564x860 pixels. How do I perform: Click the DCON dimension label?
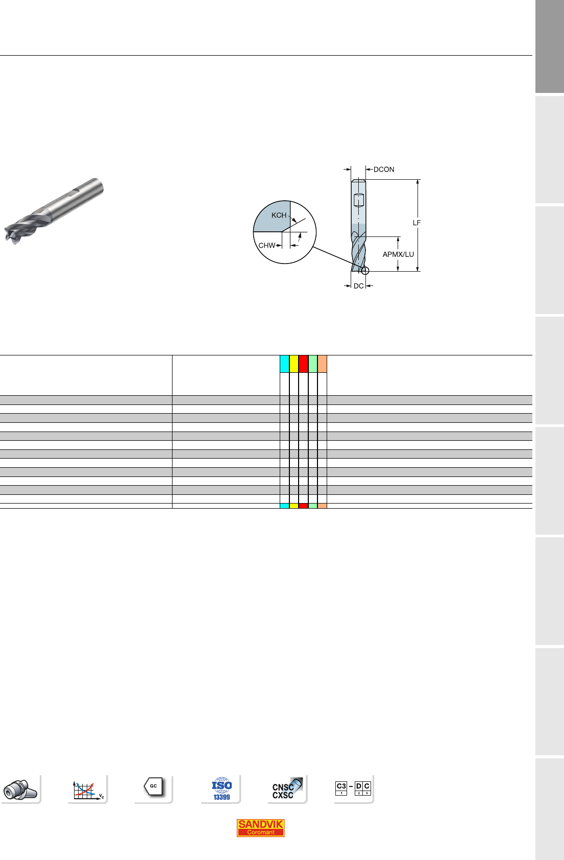(384, 170)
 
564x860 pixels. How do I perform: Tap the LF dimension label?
(416, 223)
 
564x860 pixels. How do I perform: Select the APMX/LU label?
(398, 254)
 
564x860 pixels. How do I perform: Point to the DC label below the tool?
(358, 286)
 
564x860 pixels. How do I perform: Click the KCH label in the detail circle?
(279, 215)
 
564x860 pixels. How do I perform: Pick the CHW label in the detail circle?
(266, 245)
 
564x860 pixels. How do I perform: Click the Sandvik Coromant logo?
(260, 828)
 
